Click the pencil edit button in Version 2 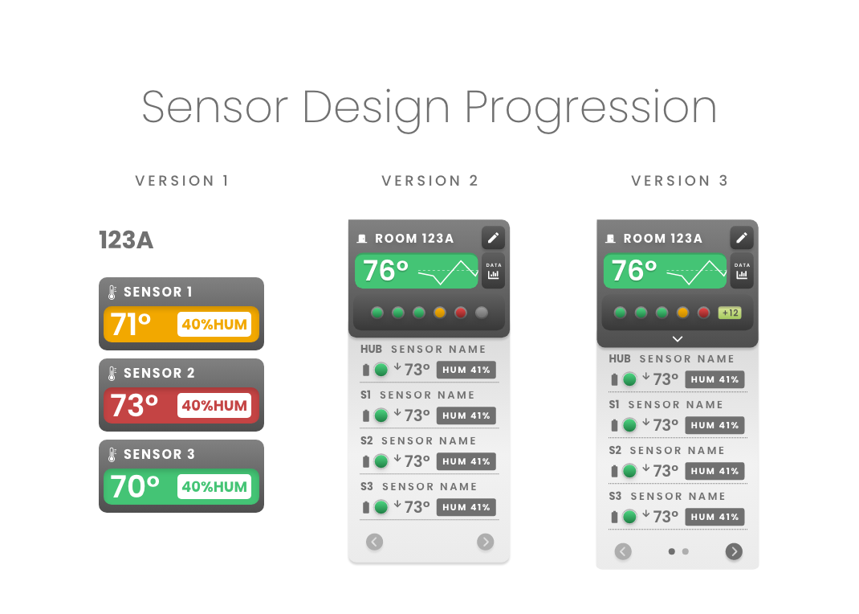coord(493,238)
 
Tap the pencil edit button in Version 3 coord(742,238)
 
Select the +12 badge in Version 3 coord(730,313)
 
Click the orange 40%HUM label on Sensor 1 coord(214,325)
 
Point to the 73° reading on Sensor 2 coord(134,406)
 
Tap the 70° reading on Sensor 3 coord(135,487)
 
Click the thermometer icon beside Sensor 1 coord(112,293)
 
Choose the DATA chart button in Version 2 coord(493,271)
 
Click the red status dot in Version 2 coord(461,313)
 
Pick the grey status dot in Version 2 coord(482,313)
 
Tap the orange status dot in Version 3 coord(682,313)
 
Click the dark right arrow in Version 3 coord(734,551)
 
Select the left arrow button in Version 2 coord(375,542)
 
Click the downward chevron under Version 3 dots coord(678,339)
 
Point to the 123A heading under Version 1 coord(126,240)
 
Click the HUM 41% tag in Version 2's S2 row coord(466,461)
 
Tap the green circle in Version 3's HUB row coord(630,379)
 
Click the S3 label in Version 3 coord(615,496)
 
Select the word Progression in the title coord(591,108)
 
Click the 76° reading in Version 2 coord(385,271)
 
